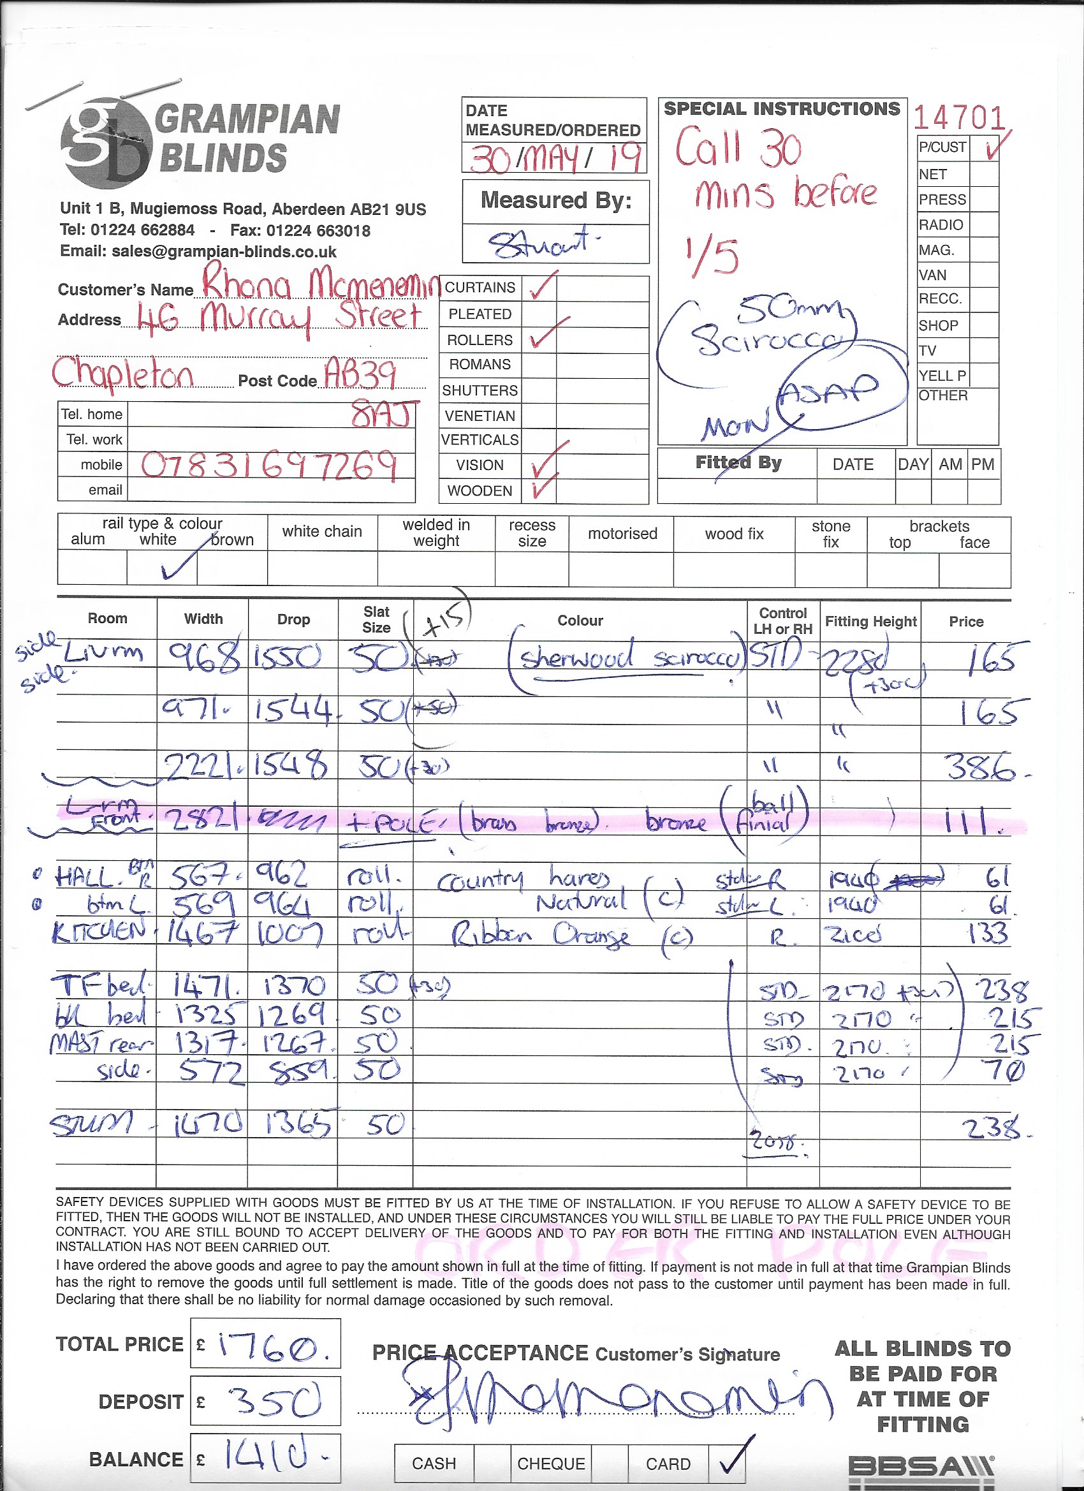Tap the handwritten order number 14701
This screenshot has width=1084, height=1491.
959,119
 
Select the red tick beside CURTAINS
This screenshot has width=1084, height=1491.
543,286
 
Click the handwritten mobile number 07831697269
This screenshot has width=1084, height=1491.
269,466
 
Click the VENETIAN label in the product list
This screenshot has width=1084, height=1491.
480,416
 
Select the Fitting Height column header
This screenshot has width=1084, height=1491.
870,621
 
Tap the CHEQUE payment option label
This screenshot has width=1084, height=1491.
551,1464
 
